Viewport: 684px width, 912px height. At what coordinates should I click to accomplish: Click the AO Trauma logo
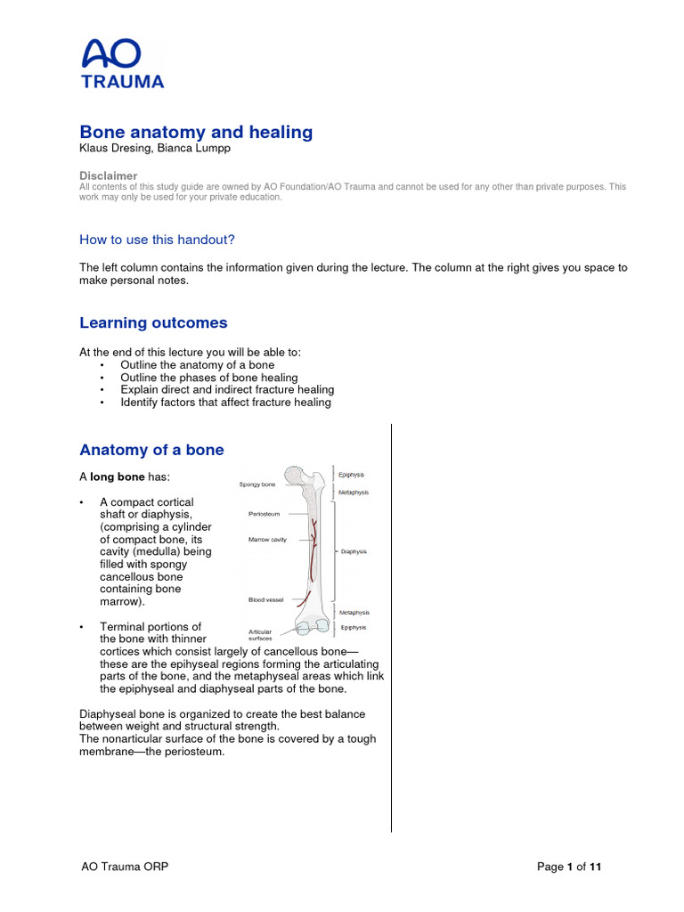click(122, 64)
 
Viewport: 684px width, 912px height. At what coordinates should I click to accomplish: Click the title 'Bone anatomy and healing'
click(196, 132)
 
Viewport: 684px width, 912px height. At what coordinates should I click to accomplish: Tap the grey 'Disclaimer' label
click(108, 176)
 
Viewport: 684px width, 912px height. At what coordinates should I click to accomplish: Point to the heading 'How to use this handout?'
click(157, 240)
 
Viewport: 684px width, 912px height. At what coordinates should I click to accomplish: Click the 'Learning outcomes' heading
click(153, 322)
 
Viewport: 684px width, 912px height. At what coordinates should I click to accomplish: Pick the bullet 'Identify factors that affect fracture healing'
click(225, 402)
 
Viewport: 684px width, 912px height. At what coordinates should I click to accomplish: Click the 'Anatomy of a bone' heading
click(151, 450)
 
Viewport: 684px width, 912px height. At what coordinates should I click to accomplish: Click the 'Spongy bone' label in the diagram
click(257, 484)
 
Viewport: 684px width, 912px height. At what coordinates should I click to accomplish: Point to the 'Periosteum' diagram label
click(265, 514)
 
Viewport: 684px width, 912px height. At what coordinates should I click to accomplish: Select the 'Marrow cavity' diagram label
click(267, 540)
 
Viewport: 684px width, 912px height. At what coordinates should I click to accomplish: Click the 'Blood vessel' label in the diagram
click(266, 600)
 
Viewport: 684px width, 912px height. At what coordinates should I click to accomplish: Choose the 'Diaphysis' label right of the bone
click(354, 551)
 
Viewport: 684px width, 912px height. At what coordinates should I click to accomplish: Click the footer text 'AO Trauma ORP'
click(124, 867)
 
